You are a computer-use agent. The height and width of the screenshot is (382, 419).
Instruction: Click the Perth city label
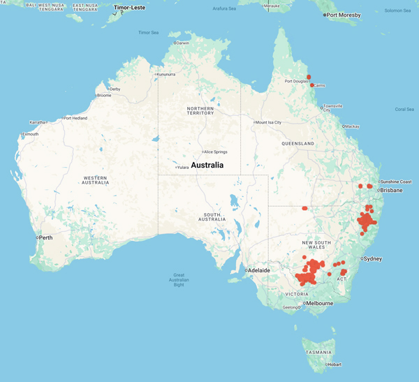coord(46,238)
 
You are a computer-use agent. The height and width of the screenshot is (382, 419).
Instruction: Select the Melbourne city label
coord(319,303)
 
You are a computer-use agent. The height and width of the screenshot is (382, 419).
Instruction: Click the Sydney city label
coord(372,259)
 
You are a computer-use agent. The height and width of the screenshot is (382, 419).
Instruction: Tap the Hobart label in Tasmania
coord(333,365)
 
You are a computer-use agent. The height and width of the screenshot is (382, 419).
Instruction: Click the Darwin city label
coord(182,43)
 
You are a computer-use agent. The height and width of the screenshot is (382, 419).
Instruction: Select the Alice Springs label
coord(217,152)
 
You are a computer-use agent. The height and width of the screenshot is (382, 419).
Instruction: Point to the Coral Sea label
coord(404,109)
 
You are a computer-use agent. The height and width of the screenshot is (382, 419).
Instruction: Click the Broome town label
coord(103,96)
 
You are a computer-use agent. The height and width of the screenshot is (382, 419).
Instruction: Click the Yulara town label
coord(182,167)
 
